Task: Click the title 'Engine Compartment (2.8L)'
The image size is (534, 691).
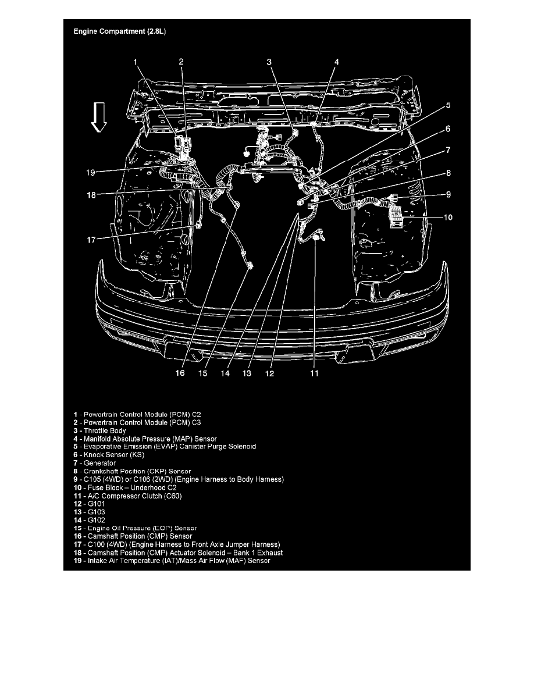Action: point(120,31)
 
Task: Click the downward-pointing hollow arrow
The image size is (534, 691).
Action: point(99,117)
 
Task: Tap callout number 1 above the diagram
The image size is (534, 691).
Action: point(136,62)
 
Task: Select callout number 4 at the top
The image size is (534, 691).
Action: point(337,62)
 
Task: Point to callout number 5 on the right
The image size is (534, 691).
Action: point(448,105)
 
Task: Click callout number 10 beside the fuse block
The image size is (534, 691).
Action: point(448,218)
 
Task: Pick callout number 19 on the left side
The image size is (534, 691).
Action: point(90,172)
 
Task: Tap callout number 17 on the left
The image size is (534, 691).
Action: point(91,240)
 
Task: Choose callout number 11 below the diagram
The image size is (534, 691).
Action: point(314,373)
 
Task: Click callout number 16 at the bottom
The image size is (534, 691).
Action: point(180,373)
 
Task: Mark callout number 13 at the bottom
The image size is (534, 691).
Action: point(247,373)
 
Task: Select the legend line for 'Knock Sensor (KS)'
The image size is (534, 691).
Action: point(109,455)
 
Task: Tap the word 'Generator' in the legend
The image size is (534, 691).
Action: point(99,463)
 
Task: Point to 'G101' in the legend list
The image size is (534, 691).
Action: point(97,504)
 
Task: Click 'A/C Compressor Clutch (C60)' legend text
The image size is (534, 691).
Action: point(135,496)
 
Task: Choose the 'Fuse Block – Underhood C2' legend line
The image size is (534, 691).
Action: point(125,487)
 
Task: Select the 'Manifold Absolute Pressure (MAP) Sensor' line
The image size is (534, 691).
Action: point(145,439)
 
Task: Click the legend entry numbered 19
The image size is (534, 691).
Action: point(172,561)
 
